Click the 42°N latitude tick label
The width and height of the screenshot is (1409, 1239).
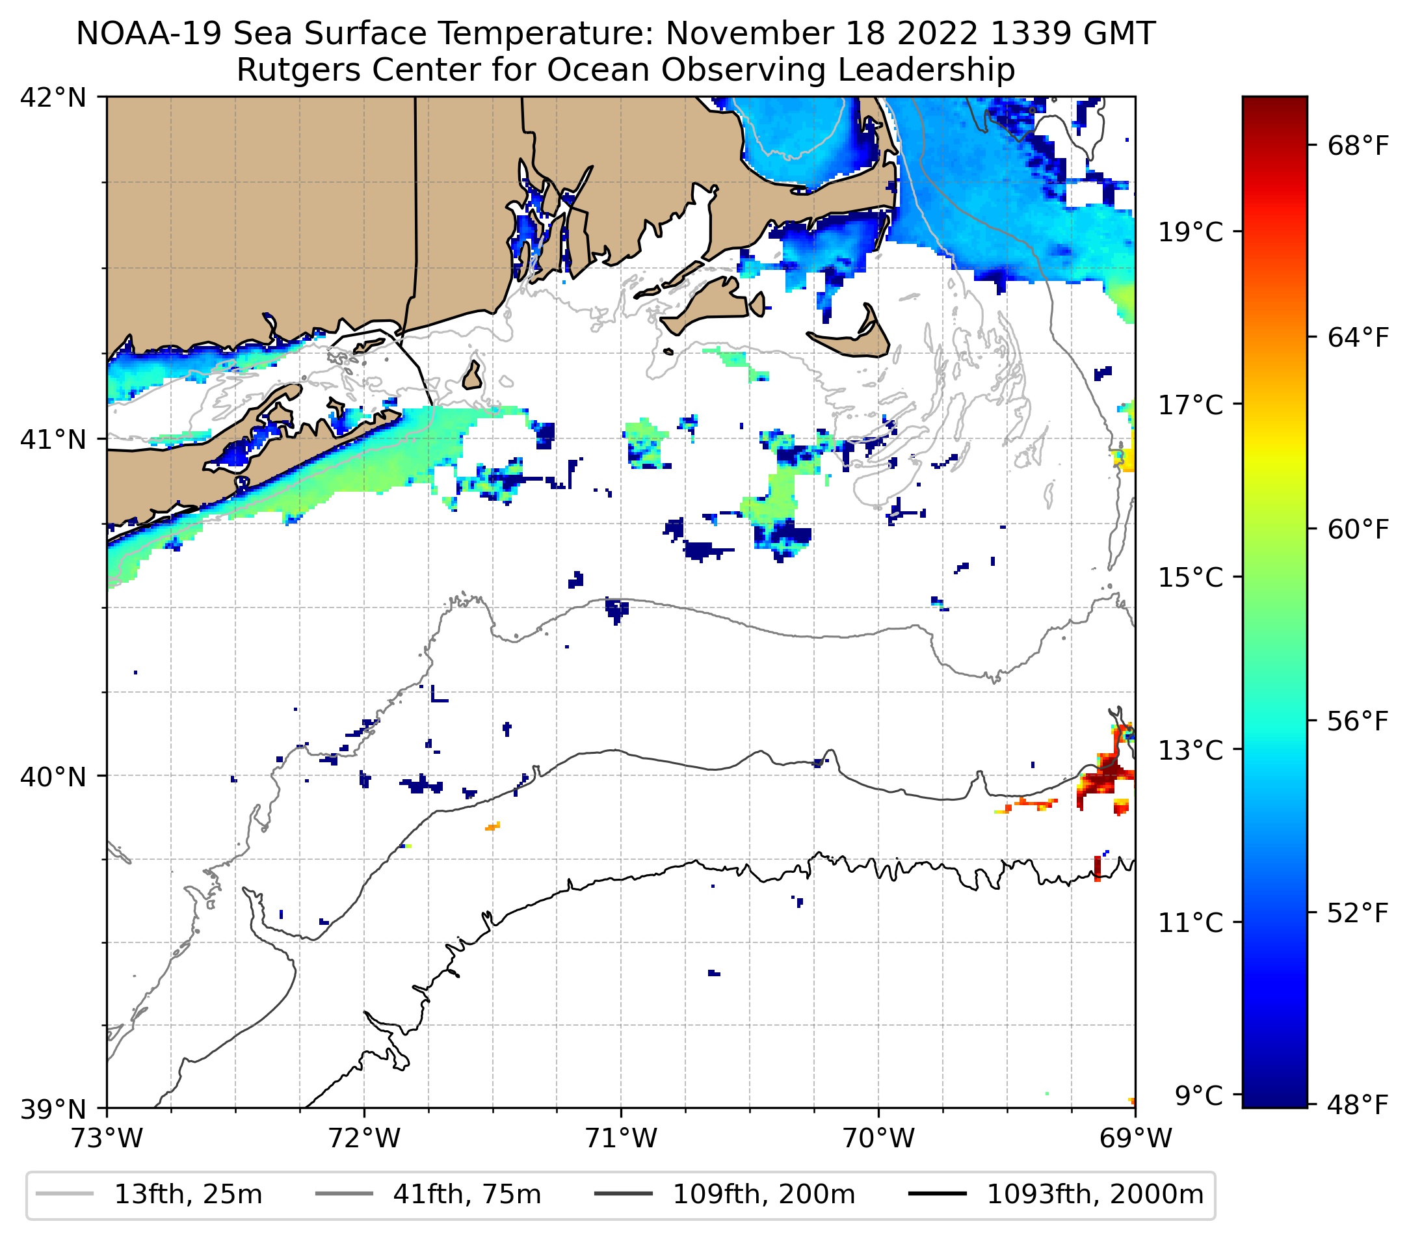click(x=53, y=98)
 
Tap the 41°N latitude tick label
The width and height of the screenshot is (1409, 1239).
click(x=53, y=439)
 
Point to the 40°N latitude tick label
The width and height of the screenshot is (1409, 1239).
click(x=53, y=777)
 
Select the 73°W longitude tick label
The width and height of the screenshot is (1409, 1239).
click(x=107, y=1138)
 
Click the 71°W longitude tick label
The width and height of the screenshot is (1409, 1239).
click(x=621, y=1138)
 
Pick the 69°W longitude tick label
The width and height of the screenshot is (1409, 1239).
click(x=1135, y=1138)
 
